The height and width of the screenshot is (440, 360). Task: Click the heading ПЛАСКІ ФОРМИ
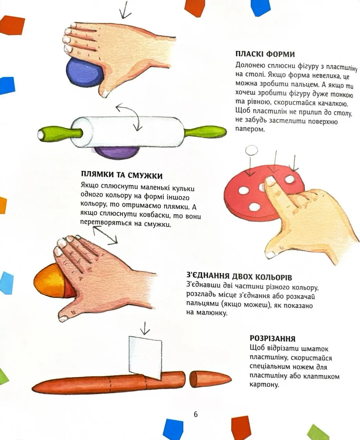pyautogui.click(x=265, y=54)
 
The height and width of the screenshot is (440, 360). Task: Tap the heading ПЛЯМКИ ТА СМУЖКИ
pyautogui.click(x=122, y=175)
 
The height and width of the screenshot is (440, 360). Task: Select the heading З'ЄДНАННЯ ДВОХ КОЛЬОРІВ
pyautogui.click(x=239, y=277)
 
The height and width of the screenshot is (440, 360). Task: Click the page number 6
pyautogui.click(x=195, y=414)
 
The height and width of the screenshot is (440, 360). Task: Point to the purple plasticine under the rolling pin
pyautogui.click(x=115, y=153)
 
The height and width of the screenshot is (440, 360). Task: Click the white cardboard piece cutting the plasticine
pyautogui.click(x=146, y=356)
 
